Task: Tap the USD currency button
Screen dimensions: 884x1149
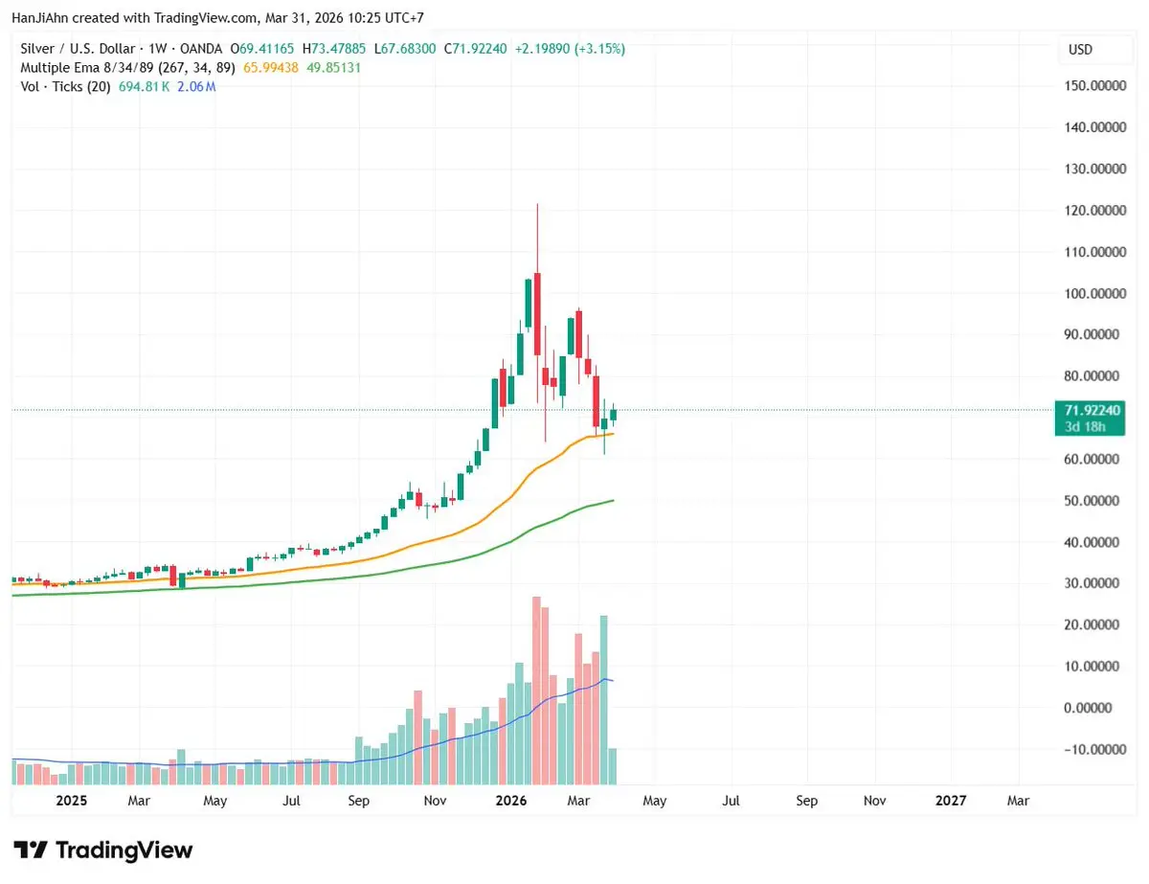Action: [x=1080, y=49]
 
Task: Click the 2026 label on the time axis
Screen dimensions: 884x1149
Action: [x=512, y=801]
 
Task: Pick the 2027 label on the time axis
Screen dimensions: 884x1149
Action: [x=951, y=801]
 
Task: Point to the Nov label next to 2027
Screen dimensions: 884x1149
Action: [x=874, y=801]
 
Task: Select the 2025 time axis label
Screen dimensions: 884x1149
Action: [x=72, y=801]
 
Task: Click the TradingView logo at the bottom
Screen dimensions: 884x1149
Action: [x=103, y=850]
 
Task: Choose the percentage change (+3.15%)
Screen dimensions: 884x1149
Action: [x=601, y=49]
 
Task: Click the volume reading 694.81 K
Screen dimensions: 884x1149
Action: [x=145, y=87]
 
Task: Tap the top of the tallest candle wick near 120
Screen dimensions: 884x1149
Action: [x=537, y=205]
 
